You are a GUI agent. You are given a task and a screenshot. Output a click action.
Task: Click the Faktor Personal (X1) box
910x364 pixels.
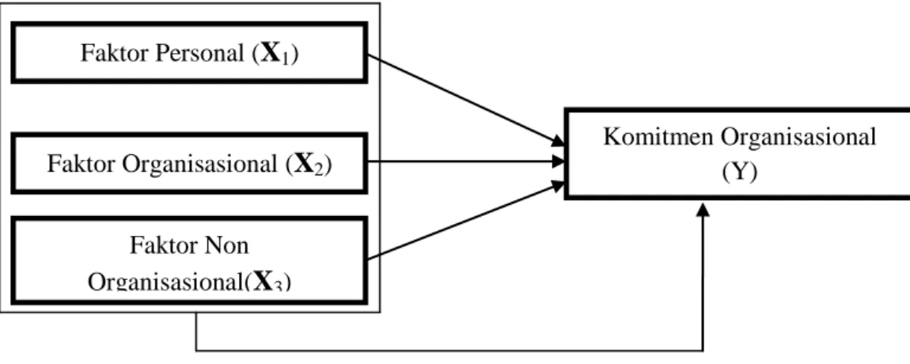point(189,53)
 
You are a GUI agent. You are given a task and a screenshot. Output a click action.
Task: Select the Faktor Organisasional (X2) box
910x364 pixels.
point(189,163)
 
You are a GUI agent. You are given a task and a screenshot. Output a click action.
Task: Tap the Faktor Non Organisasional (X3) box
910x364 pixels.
point(189,260)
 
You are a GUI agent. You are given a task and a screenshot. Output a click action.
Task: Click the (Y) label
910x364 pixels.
point(739,173)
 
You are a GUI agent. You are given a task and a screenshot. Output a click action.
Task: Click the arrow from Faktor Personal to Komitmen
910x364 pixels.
point(466,100)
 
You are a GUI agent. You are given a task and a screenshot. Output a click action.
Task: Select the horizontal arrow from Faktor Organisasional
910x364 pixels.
point(466,162)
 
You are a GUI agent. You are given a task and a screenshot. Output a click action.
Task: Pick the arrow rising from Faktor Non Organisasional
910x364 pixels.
point(466,221)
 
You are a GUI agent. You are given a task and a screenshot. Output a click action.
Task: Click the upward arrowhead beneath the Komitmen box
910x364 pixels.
point(703,210)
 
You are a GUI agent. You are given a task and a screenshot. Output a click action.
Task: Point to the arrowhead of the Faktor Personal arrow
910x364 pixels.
point(558,141)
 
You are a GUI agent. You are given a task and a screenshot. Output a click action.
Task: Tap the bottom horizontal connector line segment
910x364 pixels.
point(449,351)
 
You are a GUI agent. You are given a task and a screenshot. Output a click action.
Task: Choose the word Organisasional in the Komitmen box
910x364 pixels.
point(798,138)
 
